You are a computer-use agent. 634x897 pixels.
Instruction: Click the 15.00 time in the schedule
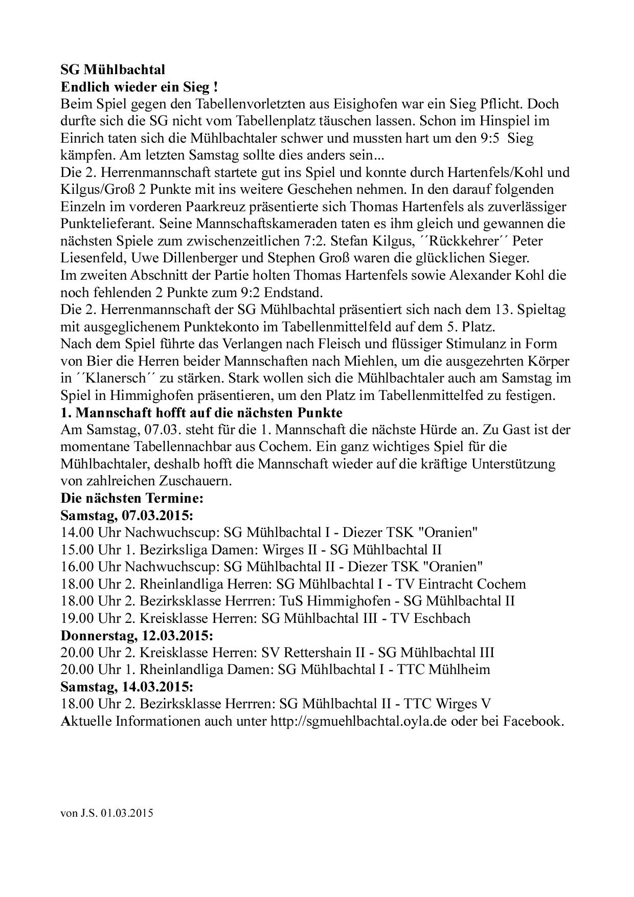(x=77, y=550)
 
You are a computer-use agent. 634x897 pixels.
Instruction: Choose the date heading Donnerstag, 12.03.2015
(x=137, y=636)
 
